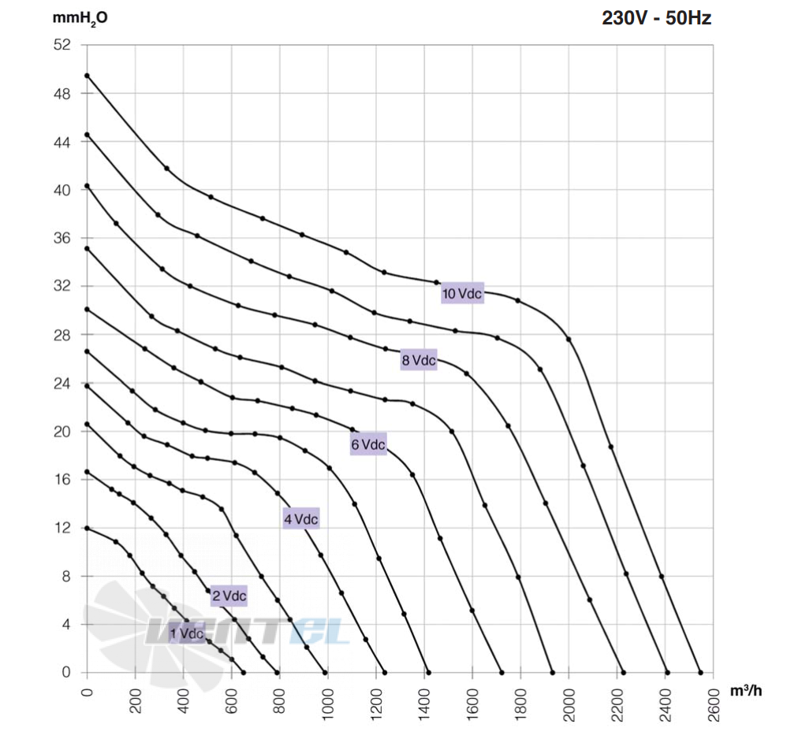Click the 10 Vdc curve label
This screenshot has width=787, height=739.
[x=462, y=293]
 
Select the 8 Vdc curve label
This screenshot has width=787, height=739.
[x=419, y=360]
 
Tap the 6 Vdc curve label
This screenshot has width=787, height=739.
[x=368, y=444]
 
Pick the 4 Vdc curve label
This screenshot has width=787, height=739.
[x=301, y=519]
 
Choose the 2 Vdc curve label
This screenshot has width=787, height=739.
[x=229, y=596]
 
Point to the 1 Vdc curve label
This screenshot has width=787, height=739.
[x=186, y=633]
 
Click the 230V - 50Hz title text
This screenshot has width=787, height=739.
[x=657, y=18]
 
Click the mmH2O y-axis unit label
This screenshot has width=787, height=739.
[x=80, y=19]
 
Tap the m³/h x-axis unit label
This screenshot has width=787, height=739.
[x=746, y=690]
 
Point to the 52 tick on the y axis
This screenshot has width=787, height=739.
[x=62, y=45]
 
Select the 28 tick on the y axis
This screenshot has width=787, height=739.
[x=62, y=335]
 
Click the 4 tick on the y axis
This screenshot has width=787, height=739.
[x=66, y=624]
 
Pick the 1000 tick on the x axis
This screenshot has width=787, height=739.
[x=327, y=704]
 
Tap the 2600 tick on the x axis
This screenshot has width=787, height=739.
[x=713, y=704]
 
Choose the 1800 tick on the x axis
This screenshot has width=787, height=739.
[x=520, y=704]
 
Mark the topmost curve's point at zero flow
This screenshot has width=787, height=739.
[x=87, y=76]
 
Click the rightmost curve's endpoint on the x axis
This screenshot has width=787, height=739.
[x=701, y=673]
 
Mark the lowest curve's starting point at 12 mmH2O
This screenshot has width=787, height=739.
[x=87, y=528]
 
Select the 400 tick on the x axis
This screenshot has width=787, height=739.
[x=183, y=700]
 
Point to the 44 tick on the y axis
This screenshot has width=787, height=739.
[x=62, y=142]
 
